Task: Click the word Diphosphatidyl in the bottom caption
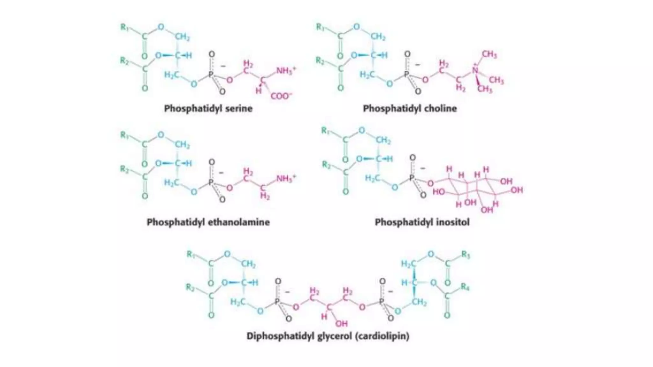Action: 281,336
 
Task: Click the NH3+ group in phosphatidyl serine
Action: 286,70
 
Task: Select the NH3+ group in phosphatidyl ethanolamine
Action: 286,178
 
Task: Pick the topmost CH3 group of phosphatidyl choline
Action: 489,54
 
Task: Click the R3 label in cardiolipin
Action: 466,255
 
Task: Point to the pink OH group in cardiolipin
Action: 341,324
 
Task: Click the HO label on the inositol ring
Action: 439,192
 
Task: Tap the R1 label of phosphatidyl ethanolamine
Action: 125,135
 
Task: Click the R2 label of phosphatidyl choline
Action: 320,60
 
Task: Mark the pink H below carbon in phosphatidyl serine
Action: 259,91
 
